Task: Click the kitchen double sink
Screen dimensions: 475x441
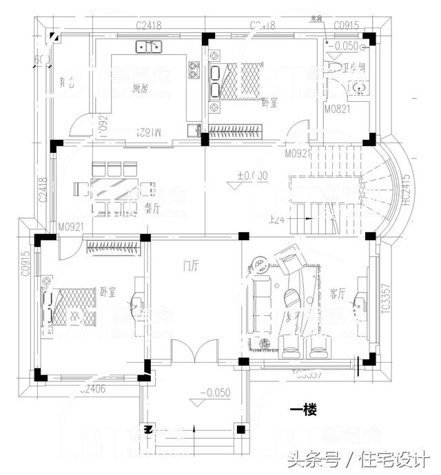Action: pyautogui.click(x=148, y=47)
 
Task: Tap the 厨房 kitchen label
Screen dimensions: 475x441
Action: pyautogui.click(x=141, y=87)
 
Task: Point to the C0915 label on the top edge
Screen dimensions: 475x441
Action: pyautogui.click(x=346, y=25)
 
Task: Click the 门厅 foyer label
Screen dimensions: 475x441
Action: pyautogui.click(x=192, y=264)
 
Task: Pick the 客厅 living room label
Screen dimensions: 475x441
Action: pyautogui.click(x=337, y=294)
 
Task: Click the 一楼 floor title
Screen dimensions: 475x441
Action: pyautogui.click(x=302, y=411)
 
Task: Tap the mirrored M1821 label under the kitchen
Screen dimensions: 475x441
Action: pyautogui.click(x=144, y=131)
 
